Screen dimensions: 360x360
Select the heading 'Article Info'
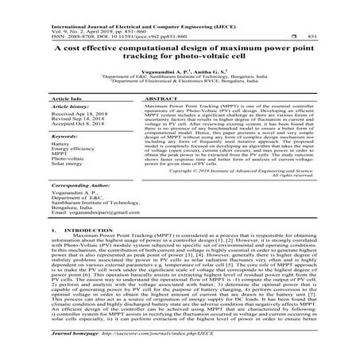[x=72, y=98]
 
